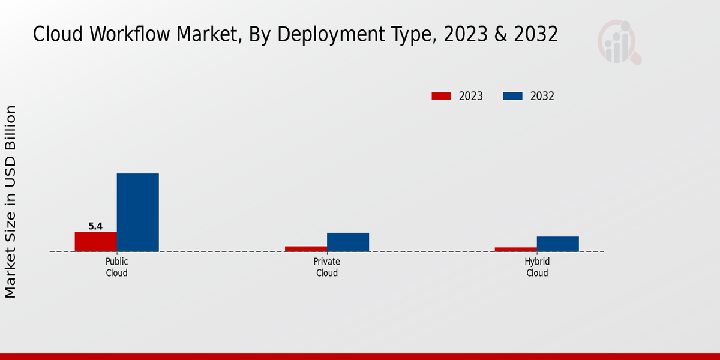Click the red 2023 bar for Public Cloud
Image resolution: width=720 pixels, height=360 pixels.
(95, 241)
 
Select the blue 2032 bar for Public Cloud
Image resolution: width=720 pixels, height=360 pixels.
(137, 212)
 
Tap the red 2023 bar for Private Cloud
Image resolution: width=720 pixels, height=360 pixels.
(305, 248)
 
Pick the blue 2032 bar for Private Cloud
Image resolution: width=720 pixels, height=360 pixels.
(347, 242)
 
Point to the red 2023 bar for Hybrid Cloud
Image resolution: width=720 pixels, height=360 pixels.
(515, 249)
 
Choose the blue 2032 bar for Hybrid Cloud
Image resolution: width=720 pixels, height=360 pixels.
(557, 244)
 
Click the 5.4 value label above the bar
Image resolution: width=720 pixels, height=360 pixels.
(95, 226)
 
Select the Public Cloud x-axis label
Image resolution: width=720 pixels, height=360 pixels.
(116, 267)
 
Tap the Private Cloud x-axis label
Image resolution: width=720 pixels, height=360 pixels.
(326, 267)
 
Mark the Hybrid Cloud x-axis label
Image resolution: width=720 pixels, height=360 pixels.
(537, 267)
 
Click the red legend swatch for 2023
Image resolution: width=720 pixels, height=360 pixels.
(441, 96)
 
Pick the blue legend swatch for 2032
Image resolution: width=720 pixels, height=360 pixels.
(512, 96)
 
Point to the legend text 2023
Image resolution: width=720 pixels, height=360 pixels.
(470, 96)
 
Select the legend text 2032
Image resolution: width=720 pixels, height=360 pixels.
(542, 96)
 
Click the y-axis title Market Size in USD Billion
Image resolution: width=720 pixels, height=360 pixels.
(11, 202)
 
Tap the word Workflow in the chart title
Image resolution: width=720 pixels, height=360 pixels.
(127, 34)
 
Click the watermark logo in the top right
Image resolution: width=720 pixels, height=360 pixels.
(619, 42)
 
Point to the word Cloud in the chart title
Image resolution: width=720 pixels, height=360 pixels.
(58, 34)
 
